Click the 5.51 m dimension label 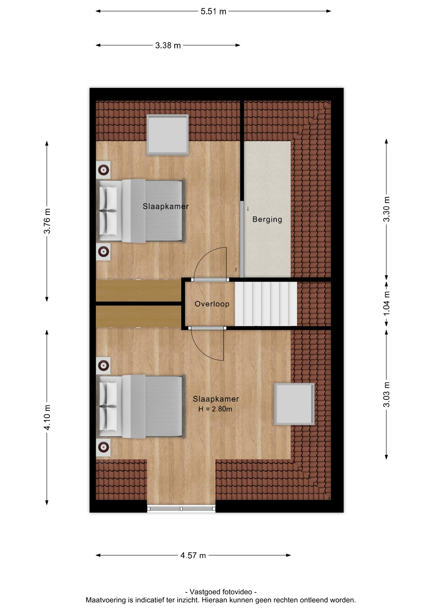[213, 11]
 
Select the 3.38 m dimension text [168, 46]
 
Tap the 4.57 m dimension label [193, 556]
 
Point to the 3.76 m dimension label [47, 221]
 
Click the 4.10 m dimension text [47, 417]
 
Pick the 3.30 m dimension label [386, 209]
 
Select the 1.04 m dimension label [386, 303]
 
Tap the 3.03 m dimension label [386, 394]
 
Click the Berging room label [267, 219]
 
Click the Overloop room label [212, 304]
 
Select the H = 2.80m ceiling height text [215, 409]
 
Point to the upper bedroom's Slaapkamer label [165, 207]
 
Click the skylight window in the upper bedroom [167, 135]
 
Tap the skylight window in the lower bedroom [294, 404]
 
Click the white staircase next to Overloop [266, 304]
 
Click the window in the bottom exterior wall [181, 508]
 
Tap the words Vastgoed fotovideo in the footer [221, 592]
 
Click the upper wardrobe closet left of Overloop [138, 291]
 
